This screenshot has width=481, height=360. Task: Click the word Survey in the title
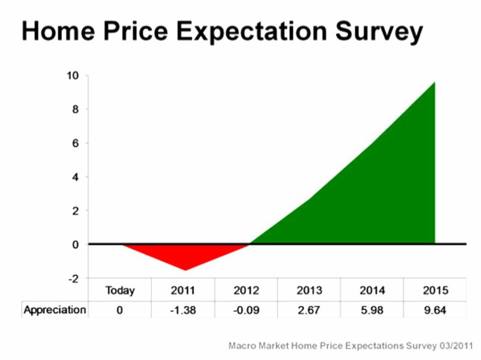379,32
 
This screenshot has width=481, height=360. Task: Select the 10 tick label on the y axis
73,76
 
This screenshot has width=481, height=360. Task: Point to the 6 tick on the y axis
76,143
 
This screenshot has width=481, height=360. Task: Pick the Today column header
120,290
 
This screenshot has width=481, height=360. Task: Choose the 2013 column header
309,290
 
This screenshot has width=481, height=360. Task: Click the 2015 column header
435,290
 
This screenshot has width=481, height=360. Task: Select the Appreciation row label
55,310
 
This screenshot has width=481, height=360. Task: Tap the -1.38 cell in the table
183,310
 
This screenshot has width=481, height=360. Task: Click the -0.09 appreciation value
247,310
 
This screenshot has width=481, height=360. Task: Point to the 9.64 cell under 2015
435,310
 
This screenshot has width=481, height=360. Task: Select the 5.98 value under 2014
372,310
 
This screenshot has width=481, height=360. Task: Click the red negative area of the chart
186,253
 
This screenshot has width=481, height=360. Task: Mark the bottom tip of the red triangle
185,270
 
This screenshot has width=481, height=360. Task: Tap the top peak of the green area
435,82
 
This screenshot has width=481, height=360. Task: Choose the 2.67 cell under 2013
308,310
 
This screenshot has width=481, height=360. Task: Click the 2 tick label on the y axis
76,211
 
